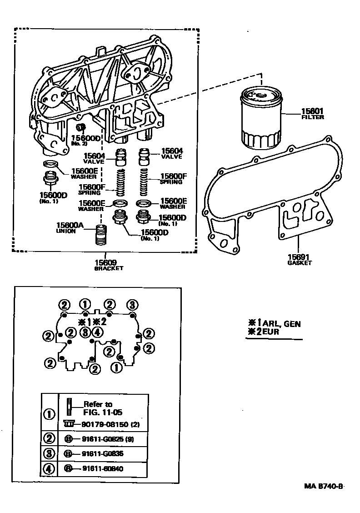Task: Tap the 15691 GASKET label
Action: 300,259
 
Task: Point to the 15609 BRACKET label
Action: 108,265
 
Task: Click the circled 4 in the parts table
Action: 49,468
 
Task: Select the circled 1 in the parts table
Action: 49,414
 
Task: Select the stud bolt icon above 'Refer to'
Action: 68,406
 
